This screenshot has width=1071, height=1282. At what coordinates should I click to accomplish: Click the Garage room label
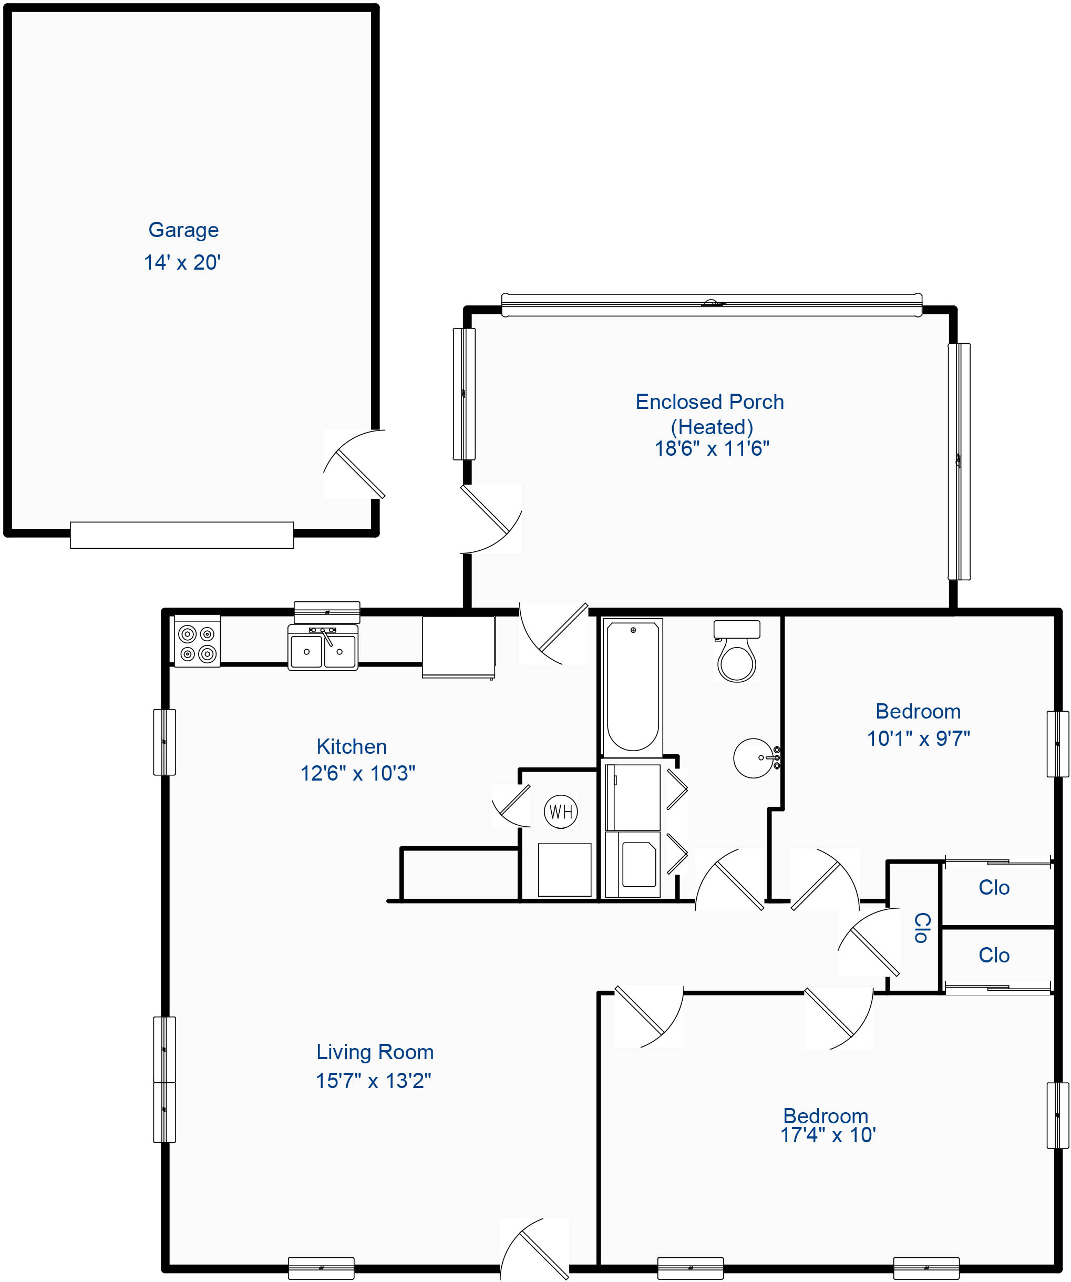coord(183,230)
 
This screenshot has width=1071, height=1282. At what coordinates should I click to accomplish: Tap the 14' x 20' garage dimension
coord(182,262)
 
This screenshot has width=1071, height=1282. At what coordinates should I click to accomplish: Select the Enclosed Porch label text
coord(710,402)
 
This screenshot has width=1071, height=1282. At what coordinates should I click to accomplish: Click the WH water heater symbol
coord(561,812)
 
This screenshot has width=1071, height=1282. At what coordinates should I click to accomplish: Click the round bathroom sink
coord(756,758)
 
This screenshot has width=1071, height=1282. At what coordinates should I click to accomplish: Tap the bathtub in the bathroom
coord(633,687)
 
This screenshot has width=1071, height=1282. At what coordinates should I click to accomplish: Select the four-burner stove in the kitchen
coord(197,641)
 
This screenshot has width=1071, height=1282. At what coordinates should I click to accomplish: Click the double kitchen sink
coord(323,648)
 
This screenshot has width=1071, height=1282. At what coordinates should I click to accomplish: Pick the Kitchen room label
coord(352,746)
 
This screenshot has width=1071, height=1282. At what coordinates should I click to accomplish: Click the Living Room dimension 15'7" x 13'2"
coord(373,1081)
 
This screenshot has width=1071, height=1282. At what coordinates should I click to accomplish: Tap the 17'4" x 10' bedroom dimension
coord(828,1135)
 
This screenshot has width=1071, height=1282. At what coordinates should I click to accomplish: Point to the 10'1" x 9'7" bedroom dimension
coord(919,738)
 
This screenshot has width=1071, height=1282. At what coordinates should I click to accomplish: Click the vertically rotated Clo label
coord(921,928)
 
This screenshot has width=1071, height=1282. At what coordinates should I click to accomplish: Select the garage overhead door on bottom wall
coord(182,535)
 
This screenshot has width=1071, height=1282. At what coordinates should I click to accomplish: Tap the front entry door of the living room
coord(534,1249)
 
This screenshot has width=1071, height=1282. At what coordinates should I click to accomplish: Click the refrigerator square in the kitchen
coord(458,647)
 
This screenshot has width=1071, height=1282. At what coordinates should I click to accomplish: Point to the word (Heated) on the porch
coord(712,427)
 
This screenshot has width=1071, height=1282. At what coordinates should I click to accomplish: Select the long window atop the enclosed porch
coord(712,305)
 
